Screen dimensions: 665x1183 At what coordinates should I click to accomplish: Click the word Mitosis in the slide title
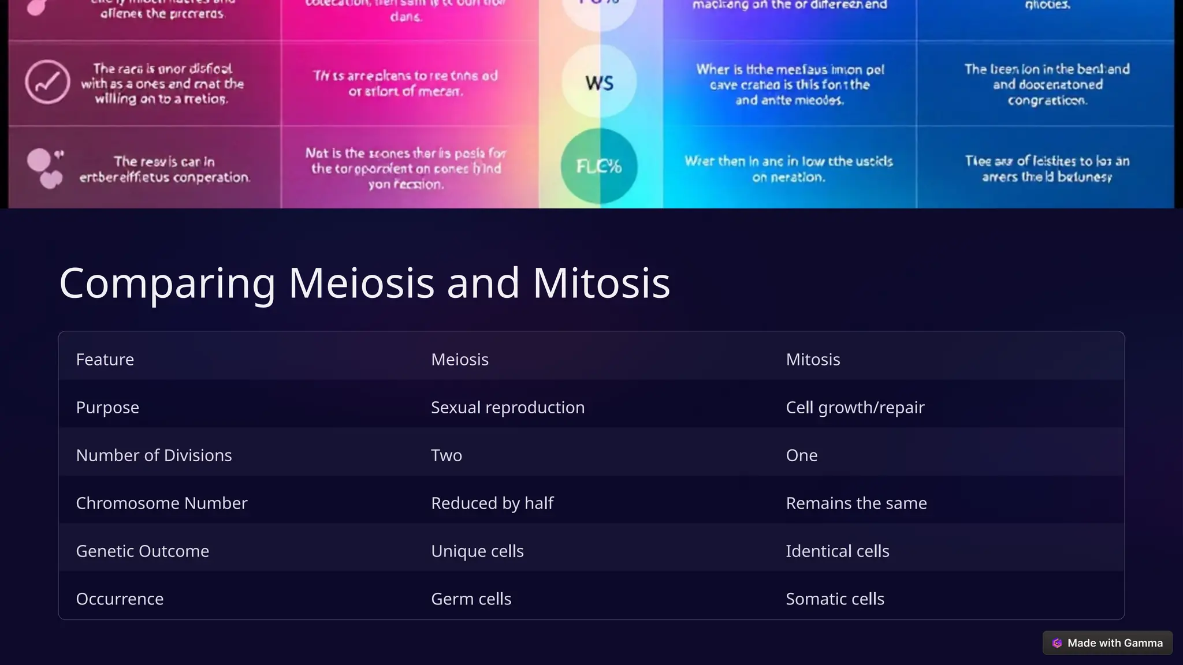click(601, 283)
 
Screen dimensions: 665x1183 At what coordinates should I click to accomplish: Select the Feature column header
click(105, 360)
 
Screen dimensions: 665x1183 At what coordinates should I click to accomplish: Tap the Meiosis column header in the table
click(460, 360)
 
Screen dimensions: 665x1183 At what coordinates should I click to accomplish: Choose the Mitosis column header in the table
click(813, 360)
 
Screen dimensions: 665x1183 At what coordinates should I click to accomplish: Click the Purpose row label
click(107, 408)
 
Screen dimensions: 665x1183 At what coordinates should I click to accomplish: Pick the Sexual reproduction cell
click(508, 408)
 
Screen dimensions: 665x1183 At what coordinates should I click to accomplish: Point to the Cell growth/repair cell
click(855, 408)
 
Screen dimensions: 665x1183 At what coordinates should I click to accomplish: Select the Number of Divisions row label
click(154, 455)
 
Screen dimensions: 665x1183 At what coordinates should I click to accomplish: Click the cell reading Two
click(447, 455)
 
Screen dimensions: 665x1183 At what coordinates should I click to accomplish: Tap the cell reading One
click(802, 455)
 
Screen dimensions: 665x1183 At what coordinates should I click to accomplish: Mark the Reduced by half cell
click(492, 503)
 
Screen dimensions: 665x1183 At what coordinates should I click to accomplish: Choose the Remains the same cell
click(856, 503)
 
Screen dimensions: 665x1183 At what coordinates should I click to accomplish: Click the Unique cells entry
click(477, 551)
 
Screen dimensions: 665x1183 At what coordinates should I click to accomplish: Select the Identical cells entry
click(838, 551)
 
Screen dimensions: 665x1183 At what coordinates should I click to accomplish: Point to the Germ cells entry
click(471, 599)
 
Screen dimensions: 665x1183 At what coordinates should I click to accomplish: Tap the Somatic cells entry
click(835, 599)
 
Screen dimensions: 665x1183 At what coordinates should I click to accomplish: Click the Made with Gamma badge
click(1107, 643)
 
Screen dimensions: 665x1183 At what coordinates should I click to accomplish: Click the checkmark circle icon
click(47, 83)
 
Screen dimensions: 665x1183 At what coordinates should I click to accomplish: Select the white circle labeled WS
click(599, 83)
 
